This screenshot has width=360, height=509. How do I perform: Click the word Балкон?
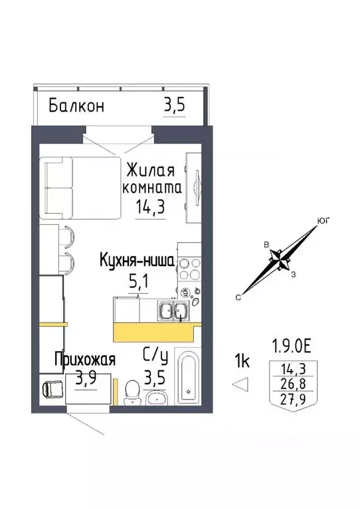pos(76,106)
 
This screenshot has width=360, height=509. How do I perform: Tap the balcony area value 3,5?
pos(174,106)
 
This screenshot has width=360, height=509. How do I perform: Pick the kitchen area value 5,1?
pos(139,281)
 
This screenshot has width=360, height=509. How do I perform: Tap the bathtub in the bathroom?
pos(188,382)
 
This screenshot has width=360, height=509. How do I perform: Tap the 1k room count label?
pos(242,361)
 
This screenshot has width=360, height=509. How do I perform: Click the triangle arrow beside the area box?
pos(243,383)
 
